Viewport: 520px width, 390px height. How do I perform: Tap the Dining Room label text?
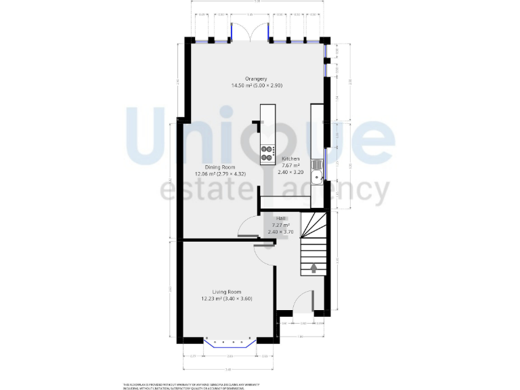click(220, 167)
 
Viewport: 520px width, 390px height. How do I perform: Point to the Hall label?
click(280, 218)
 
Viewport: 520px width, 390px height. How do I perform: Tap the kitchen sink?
click(316, 172)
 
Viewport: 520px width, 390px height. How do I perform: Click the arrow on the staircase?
click(313, 267)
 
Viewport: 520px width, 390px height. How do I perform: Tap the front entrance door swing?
click(305, 303)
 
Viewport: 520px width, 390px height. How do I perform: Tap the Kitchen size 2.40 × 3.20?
click(290, 173)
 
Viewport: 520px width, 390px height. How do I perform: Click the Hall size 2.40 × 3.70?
click(280, 232)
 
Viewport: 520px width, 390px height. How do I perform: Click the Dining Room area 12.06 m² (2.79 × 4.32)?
click(220, 174)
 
